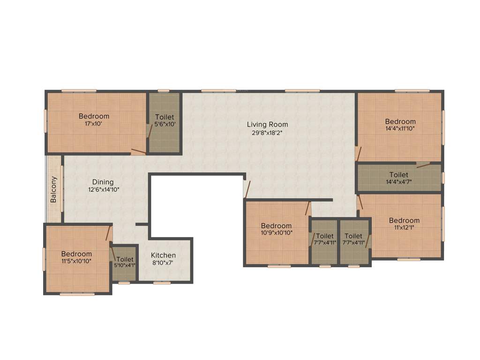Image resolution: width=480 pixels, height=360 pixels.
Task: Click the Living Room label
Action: click(268, 124)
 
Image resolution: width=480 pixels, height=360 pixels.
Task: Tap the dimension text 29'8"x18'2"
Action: click(268, 133)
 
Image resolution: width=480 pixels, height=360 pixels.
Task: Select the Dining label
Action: click(103, 182)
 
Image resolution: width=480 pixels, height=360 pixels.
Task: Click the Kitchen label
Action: click(163, 255)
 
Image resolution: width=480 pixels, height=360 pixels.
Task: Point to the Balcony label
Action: click(54, 189)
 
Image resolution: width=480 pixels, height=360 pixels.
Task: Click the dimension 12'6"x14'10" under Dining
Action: click(103, 190)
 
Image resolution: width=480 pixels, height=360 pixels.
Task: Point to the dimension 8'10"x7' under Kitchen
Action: click(163, 263)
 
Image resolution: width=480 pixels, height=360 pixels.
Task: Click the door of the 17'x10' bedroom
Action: click(138, 151)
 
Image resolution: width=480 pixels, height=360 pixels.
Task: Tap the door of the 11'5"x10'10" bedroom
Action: click(109, 233)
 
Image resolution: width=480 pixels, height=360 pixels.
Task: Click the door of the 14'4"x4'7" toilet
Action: click(423, 165)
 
